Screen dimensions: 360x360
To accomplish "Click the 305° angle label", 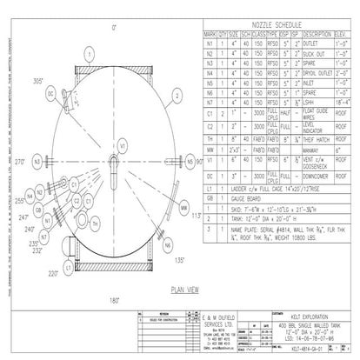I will [x=38, y=80].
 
